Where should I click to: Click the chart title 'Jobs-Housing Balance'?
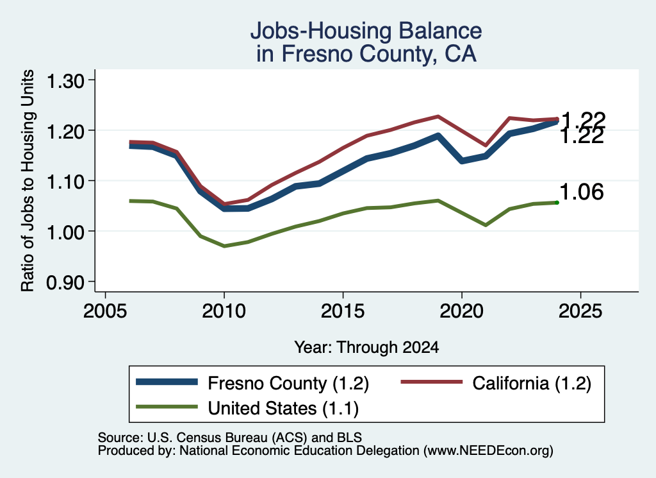(x=366, y=31)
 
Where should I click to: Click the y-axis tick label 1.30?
(x=65, y=81)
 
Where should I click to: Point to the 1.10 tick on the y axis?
(x=65, y=182)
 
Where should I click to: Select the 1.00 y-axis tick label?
(x=65, y=232)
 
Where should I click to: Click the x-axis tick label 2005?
(x=105, y=311)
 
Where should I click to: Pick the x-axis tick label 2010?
(x=224, y=311)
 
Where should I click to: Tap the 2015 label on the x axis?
(x=343, y=311)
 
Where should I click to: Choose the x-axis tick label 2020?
(x=461, y=311)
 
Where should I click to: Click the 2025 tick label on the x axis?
(x=580, y=311)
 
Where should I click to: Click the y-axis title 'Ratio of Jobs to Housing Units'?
(x=28, y=180)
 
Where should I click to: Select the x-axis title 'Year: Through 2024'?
(x=366, y=347)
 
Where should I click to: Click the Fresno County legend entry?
(x=252, y=383)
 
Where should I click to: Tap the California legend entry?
(x=496, y=383)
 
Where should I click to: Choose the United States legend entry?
(x=247, y=407)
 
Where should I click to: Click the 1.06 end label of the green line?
(x=582, y=192)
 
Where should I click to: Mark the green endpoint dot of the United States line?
(x=557, y=203)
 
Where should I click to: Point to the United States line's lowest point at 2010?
(x=224, y=246)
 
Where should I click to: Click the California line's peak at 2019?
(x=438, y=116)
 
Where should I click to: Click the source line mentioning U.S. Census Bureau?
(x=230, y=438)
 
